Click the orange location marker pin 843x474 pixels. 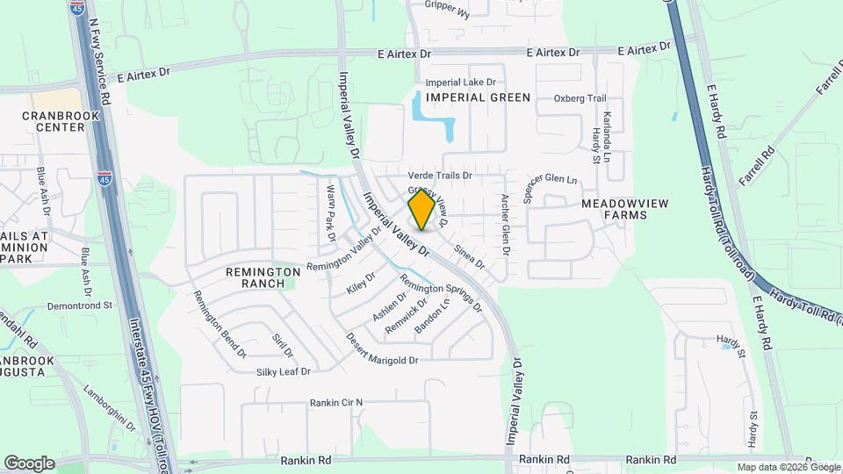point(421,210)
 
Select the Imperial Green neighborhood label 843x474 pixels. point(478,97)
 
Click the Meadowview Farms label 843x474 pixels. point(625,209)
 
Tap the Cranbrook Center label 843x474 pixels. point(54,121)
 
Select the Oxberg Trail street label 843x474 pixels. point(580,98)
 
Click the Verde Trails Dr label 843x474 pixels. point(440,176)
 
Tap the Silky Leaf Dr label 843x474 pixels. point(284,372)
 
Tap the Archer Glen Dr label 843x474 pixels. point(505,225)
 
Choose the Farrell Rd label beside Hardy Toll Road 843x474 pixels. point(759,165)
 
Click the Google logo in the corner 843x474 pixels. point(29,463)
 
